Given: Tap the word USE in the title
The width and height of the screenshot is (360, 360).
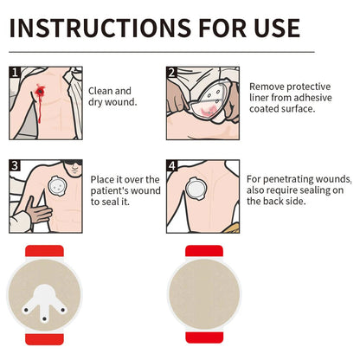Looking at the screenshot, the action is [277, 28].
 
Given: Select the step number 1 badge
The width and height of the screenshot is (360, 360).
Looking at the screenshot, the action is [15, 73].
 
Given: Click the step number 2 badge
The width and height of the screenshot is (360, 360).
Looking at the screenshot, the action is [172, 73].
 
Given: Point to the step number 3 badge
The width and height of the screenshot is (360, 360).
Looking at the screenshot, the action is [15, 165].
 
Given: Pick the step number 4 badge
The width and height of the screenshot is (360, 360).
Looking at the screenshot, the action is [172, 165].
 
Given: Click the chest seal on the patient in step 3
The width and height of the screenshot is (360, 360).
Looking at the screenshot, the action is [58, 185].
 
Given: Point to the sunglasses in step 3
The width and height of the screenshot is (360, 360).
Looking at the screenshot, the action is [73, 163].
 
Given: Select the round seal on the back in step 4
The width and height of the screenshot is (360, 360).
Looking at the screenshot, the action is [196, 189].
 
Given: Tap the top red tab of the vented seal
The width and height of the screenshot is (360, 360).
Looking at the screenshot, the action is [44, 251].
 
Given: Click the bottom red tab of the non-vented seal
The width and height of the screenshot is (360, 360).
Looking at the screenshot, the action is [204, 337].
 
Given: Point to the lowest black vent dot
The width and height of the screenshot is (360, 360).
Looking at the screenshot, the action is [44, 318].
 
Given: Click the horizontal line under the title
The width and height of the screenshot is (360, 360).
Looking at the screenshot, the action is [162, 52].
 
